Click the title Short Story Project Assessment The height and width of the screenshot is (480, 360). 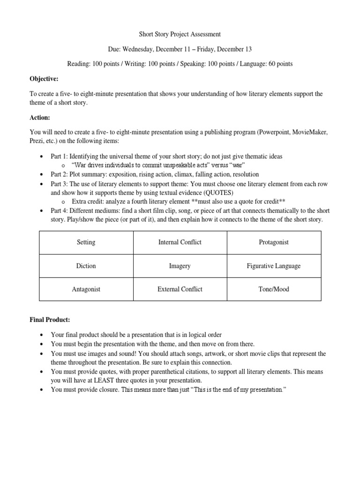pos(180,34)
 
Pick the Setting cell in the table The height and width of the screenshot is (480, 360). pos(86,242)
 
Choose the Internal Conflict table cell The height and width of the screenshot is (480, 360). pos(180,242)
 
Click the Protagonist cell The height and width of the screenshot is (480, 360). pos(274,242)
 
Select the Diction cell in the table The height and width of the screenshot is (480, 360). pos(86,266)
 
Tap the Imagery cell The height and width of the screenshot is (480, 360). pos(180,266)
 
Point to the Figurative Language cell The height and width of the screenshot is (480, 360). pos(274,266)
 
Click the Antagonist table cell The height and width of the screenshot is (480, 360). pos(86,289)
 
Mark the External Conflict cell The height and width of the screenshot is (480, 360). pos(180,289)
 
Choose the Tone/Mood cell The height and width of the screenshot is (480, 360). pos(274,289)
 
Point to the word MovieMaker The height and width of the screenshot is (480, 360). pos(307,133)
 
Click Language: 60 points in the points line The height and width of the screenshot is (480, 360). pos(266,64)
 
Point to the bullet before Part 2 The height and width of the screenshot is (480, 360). pos(43,174)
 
